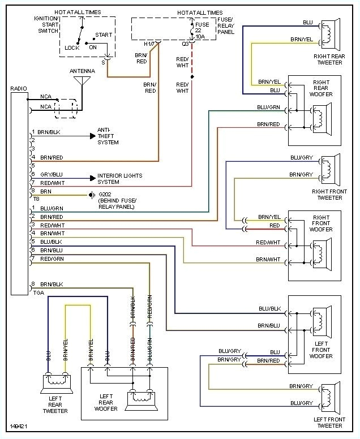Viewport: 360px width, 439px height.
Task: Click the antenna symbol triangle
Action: [x=82, y=80]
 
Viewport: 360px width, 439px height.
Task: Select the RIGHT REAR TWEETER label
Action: [x=329, y=60]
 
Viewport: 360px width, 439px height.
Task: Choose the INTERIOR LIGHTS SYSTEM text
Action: [x=119, y=179]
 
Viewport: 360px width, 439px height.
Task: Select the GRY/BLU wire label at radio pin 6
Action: [x=51, y=175]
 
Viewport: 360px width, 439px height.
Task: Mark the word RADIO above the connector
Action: [x=19, y=89]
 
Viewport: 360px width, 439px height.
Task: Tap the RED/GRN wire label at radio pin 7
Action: [x=52, y=258]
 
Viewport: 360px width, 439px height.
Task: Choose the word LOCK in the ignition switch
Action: [x=72, y=48]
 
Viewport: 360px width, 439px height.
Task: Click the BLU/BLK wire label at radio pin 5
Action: [x=52, y=241]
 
